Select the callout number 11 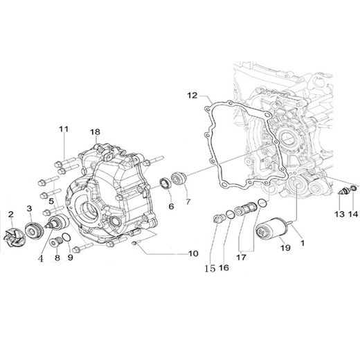click(x=64, y=129)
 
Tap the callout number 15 click(x=208, y=264)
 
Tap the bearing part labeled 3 click(x=32, y=212)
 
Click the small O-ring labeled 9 click(x=64, y=239)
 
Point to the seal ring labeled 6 click(x=167, y=183)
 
